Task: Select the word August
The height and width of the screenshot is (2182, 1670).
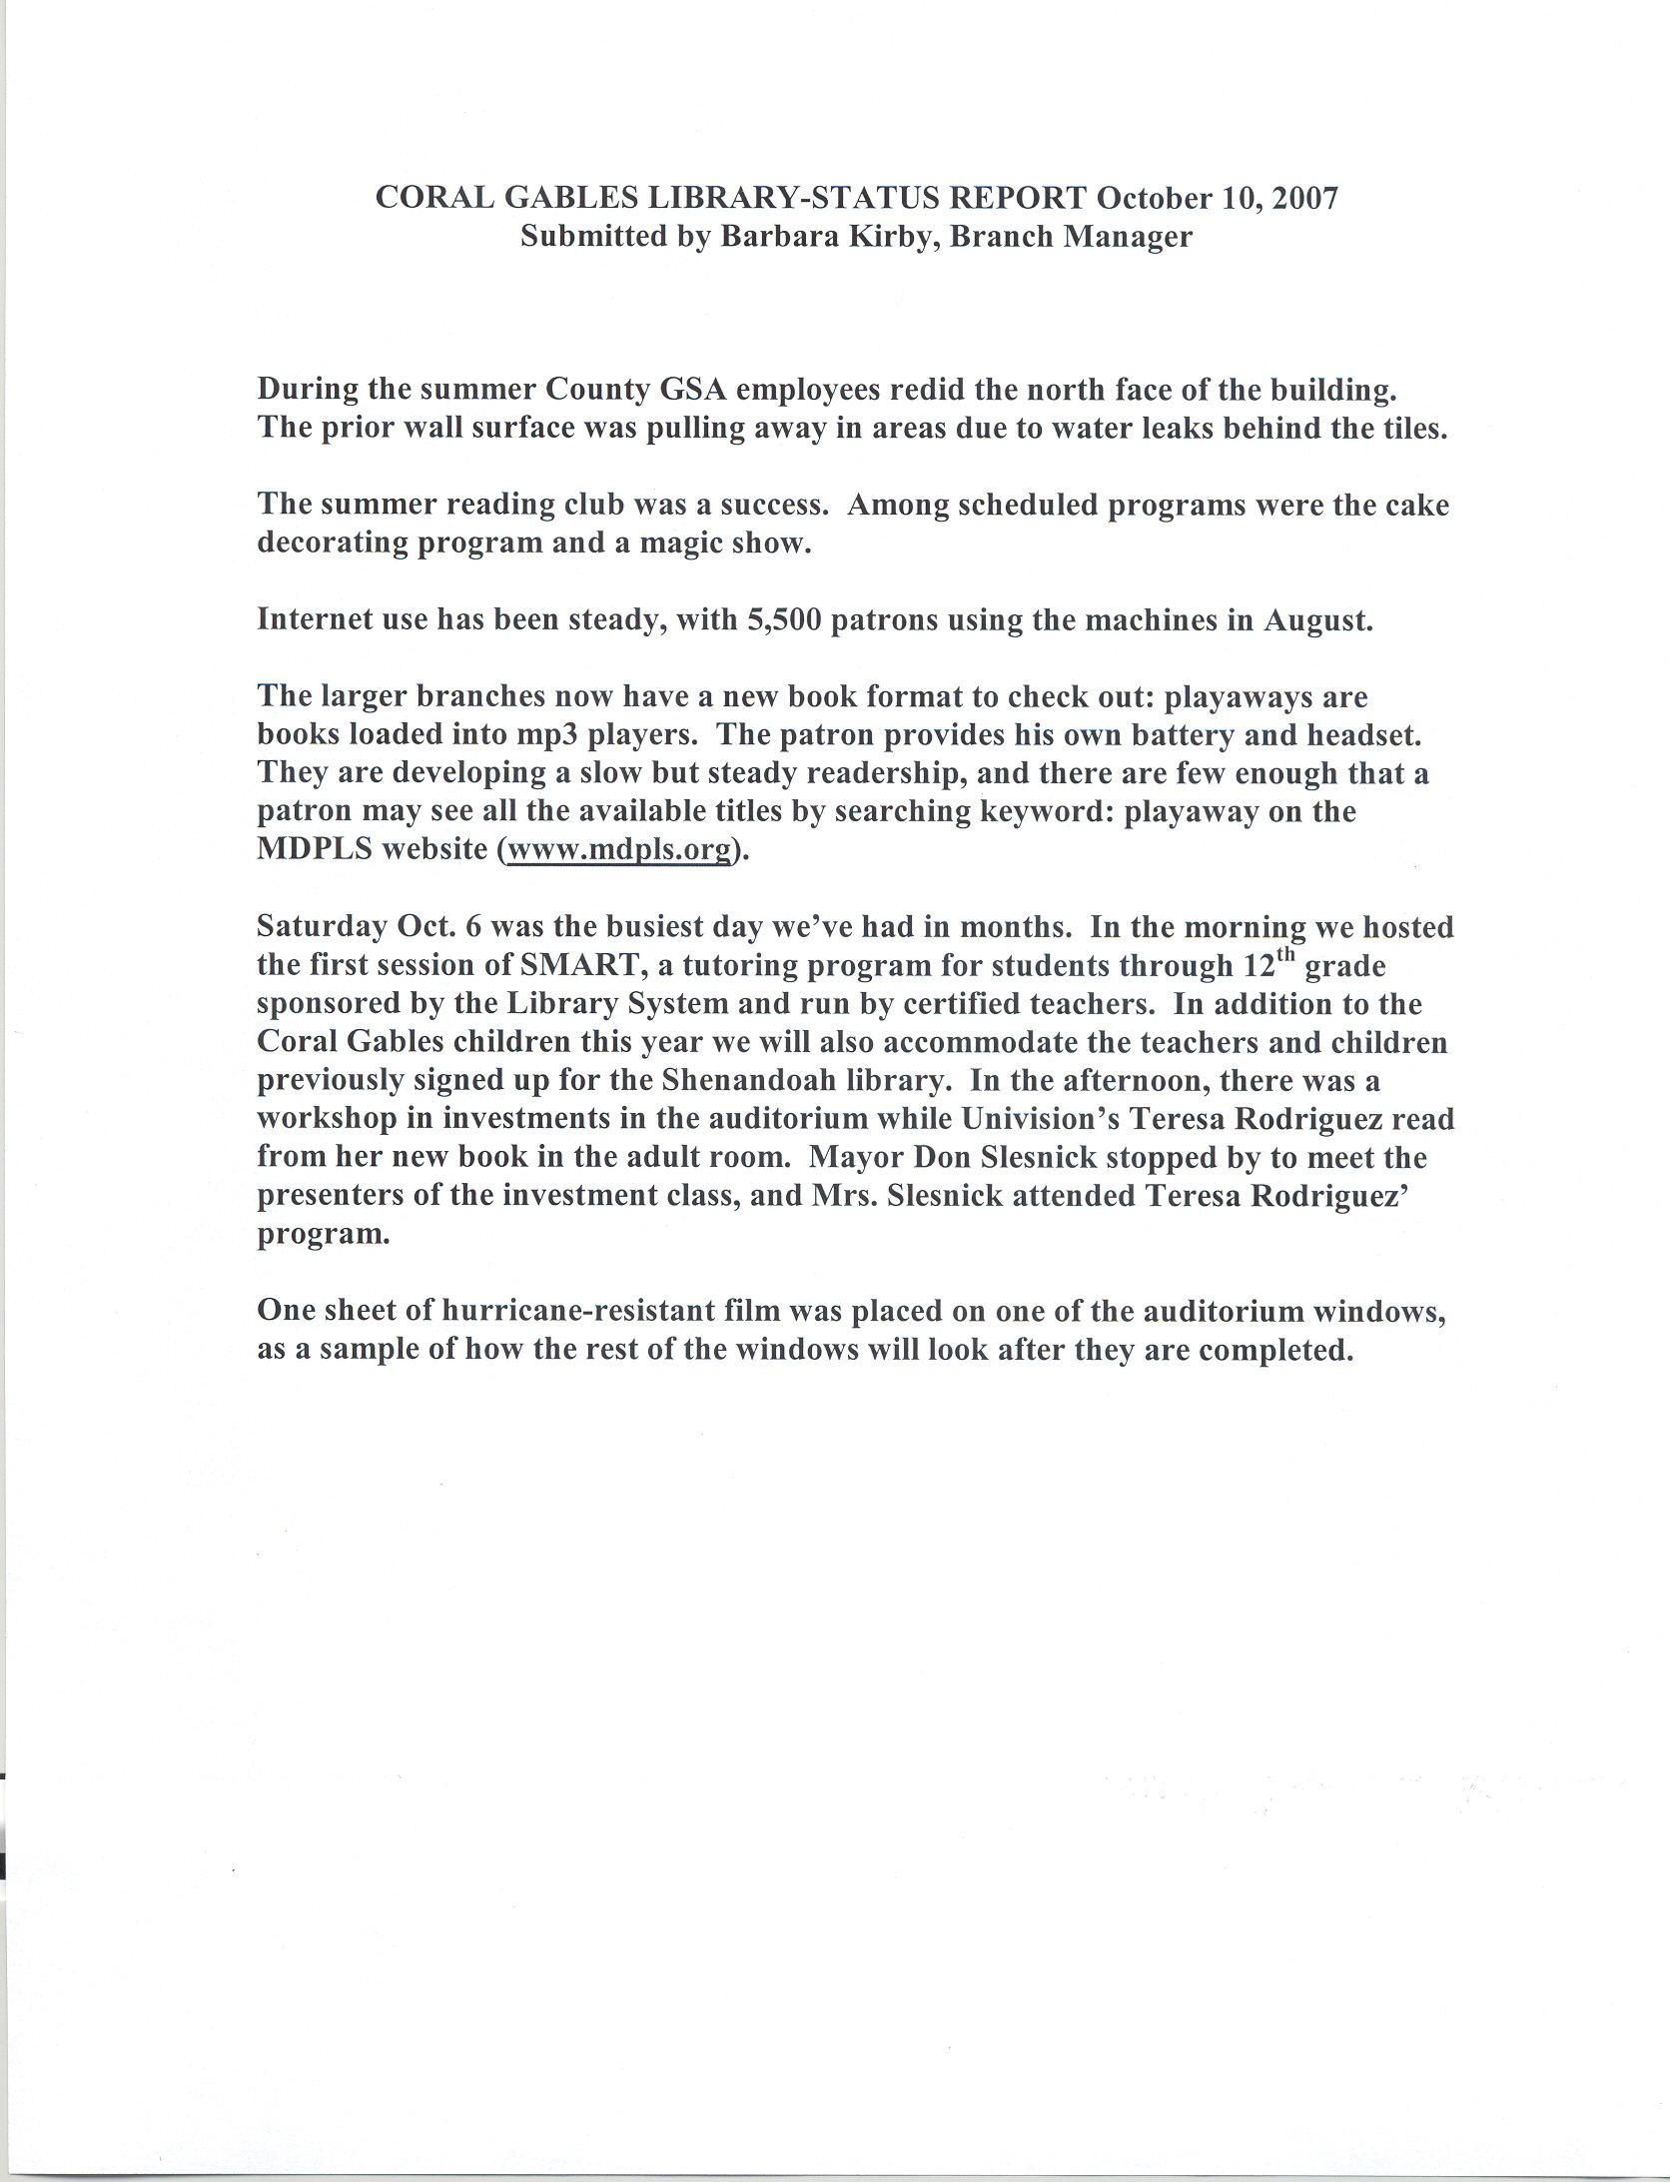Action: click(x=1318, y=620)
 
